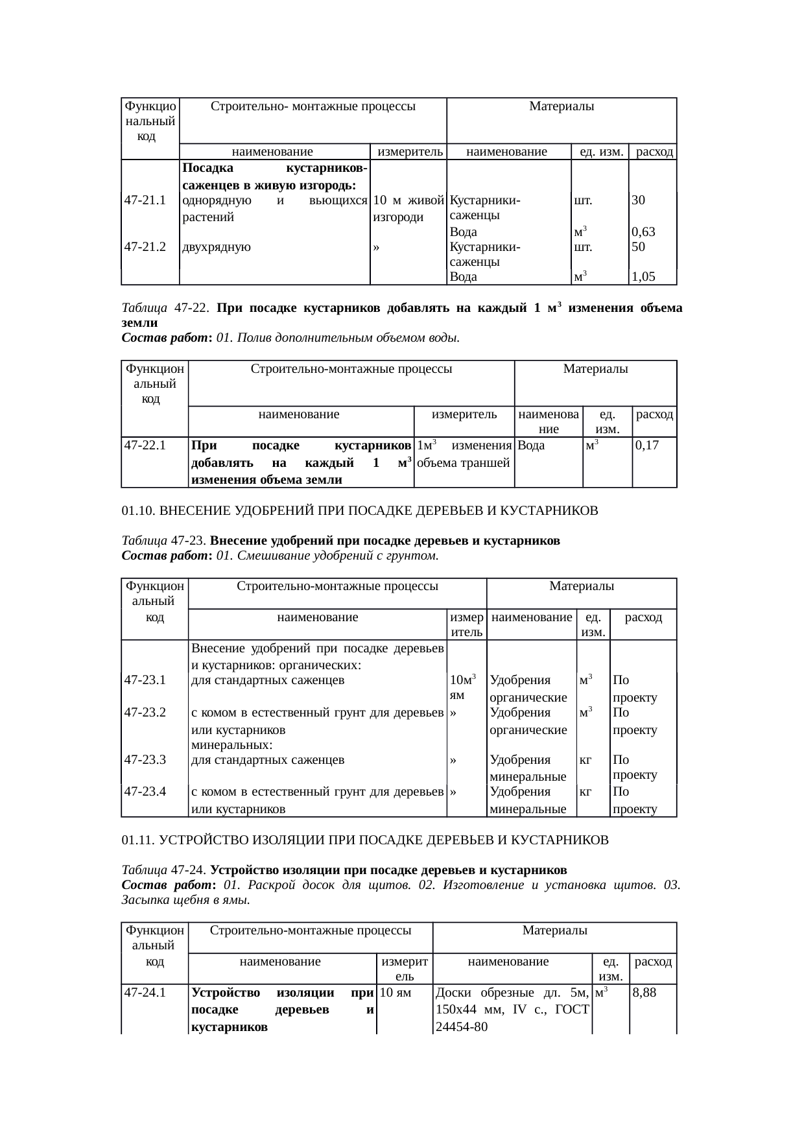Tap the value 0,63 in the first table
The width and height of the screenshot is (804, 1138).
point(643,231)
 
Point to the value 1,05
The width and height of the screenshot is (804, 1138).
point(643,277)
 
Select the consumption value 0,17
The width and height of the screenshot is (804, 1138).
point(647,445)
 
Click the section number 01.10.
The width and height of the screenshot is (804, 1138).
point(139,511)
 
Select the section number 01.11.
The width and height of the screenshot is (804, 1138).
point(139,840)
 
